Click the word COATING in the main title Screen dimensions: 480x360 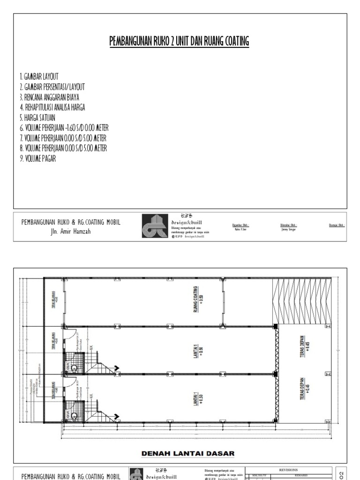232,42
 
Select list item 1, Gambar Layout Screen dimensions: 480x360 39,76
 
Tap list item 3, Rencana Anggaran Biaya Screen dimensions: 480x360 52,97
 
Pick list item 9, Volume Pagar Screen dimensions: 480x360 38,158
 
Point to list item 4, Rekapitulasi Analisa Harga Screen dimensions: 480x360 52,107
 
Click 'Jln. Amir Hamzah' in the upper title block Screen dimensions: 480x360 71,232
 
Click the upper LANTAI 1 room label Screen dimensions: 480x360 198,350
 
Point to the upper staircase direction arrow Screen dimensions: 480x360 115,368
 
